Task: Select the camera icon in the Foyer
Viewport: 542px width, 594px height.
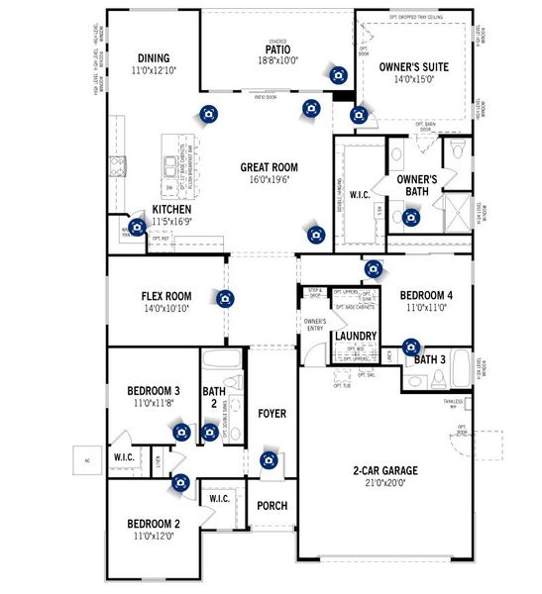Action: pyautogui.click(x=268, y=460)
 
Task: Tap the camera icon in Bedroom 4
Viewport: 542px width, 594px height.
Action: pyautogui.click(x=373, y=268)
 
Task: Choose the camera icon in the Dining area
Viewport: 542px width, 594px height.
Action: pyautogui.click(x=209, y=114)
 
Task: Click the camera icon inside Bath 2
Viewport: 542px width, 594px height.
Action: pyautogui.click(x=209, y=432)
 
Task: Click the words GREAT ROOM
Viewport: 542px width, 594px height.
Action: pyautogui.click(x=269, y=167)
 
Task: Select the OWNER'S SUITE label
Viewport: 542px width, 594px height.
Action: pyautogui.click(x=414, y=67)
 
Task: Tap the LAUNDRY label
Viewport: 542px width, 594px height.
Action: pyautogui.click(x=355, y=337)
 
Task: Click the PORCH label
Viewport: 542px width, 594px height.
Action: pyautogui.click(x=271, y=506)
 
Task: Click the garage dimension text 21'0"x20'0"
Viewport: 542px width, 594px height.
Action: pyautogui.click(x=384, y=483)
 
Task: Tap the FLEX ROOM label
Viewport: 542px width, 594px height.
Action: pyautogui.click(x=164, y=295)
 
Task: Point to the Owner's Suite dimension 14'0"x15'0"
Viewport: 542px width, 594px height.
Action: pyautogui.click(x=414, y=80)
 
